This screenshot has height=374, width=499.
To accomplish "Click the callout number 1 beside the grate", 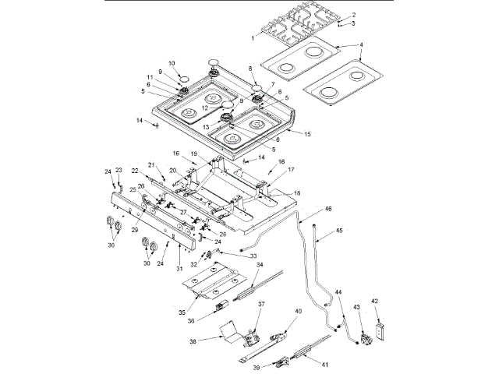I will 253,37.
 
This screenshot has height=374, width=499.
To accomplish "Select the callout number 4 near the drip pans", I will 361,45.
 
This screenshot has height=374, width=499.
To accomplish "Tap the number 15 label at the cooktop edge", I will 307,135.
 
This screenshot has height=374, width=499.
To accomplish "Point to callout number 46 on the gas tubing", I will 328,210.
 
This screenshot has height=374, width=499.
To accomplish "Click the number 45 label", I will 339,231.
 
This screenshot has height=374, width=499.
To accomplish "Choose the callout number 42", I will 374,302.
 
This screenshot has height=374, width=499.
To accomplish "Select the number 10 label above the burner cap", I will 172,63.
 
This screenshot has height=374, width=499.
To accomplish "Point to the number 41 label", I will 325,365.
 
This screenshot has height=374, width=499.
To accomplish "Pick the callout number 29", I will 135,230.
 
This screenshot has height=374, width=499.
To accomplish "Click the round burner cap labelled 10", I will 184,79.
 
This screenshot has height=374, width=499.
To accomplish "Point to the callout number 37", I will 263,304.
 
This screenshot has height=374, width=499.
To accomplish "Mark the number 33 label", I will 252,256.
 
